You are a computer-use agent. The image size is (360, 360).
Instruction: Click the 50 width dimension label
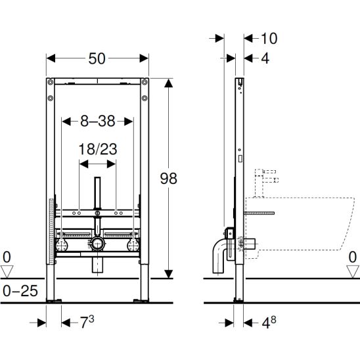[97, 58]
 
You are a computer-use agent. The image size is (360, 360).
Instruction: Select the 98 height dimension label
[169, 179]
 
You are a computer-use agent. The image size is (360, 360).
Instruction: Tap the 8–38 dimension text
[98, 121]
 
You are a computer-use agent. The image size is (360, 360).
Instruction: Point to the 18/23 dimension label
[98, 149]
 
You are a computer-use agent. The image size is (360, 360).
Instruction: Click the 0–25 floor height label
[20, 291]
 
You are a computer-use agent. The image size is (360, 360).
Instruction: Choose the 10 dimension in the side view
[269, 38]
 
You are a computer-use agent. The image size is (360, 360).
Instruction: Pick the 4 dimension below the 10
[265, 58]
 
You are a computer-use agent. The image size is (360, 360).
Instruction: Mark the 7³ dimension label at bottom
[87, 322]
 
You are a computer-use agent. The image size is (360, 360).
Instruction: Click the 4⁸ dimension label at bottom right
[269, 322]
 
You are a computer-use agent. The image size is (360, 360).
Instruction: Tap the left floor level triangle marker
[7, 271]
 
